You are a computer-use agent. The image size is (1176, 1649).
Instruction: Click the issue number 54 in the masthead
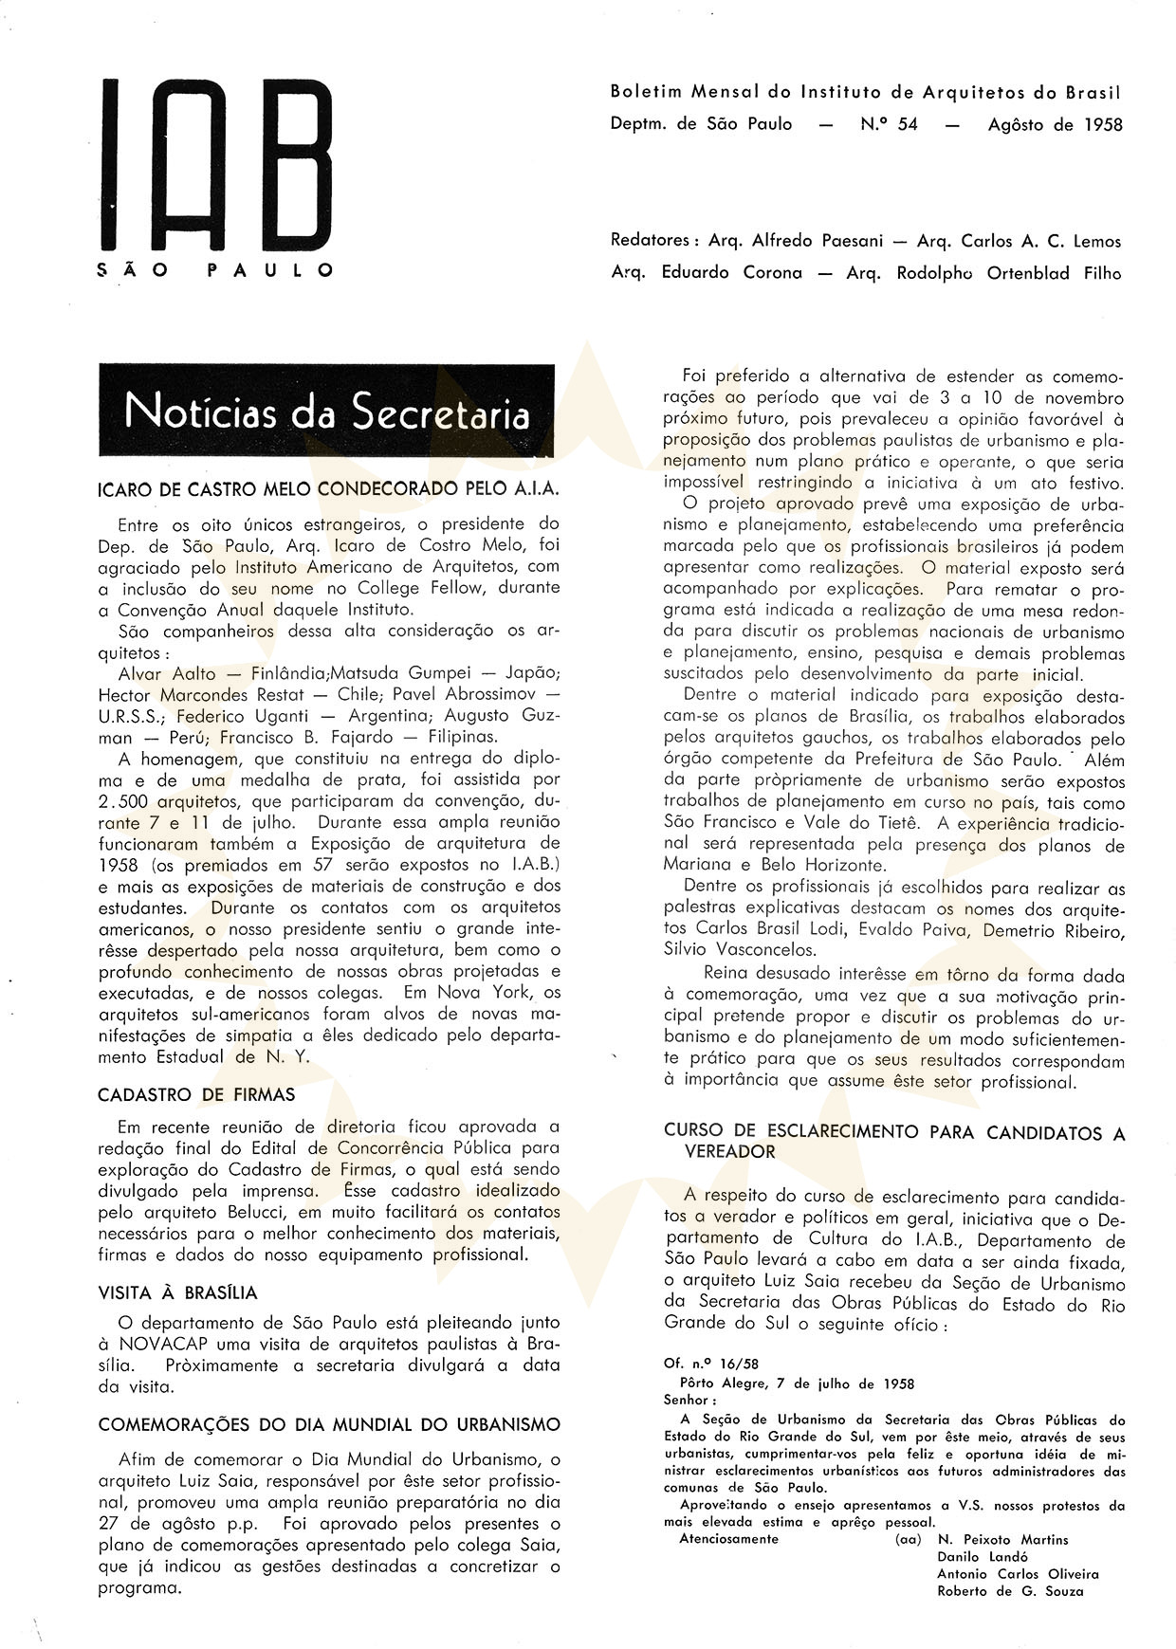click(x=907, y=124)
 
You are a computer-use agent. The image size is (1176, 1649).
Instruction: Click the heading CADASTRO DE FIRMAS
click(x=196, y=1094)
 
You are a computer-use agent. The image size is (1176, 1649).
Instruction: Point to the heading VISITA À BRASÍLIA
click(x=177, y=1292)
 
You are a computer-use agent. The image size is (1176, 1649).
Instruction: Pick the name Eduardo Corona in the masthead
click(x=731, y=273)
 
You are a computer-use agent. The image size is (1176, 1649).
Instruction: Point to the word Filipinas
click(x=462, y=737)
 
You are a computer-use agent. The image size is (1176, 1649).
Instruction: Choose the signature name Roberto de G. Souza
click(x=1010, y=1590)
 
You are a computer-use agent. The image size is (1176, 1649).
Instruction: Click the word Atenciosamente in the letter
click(x=728, y=1539)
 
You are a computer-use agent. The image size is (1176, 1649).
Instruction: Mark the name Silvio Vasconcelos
click(x=740, y=949)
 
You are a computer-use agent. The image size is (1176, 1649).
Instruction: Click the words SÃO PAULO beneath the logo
click(x=215, y=270)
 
